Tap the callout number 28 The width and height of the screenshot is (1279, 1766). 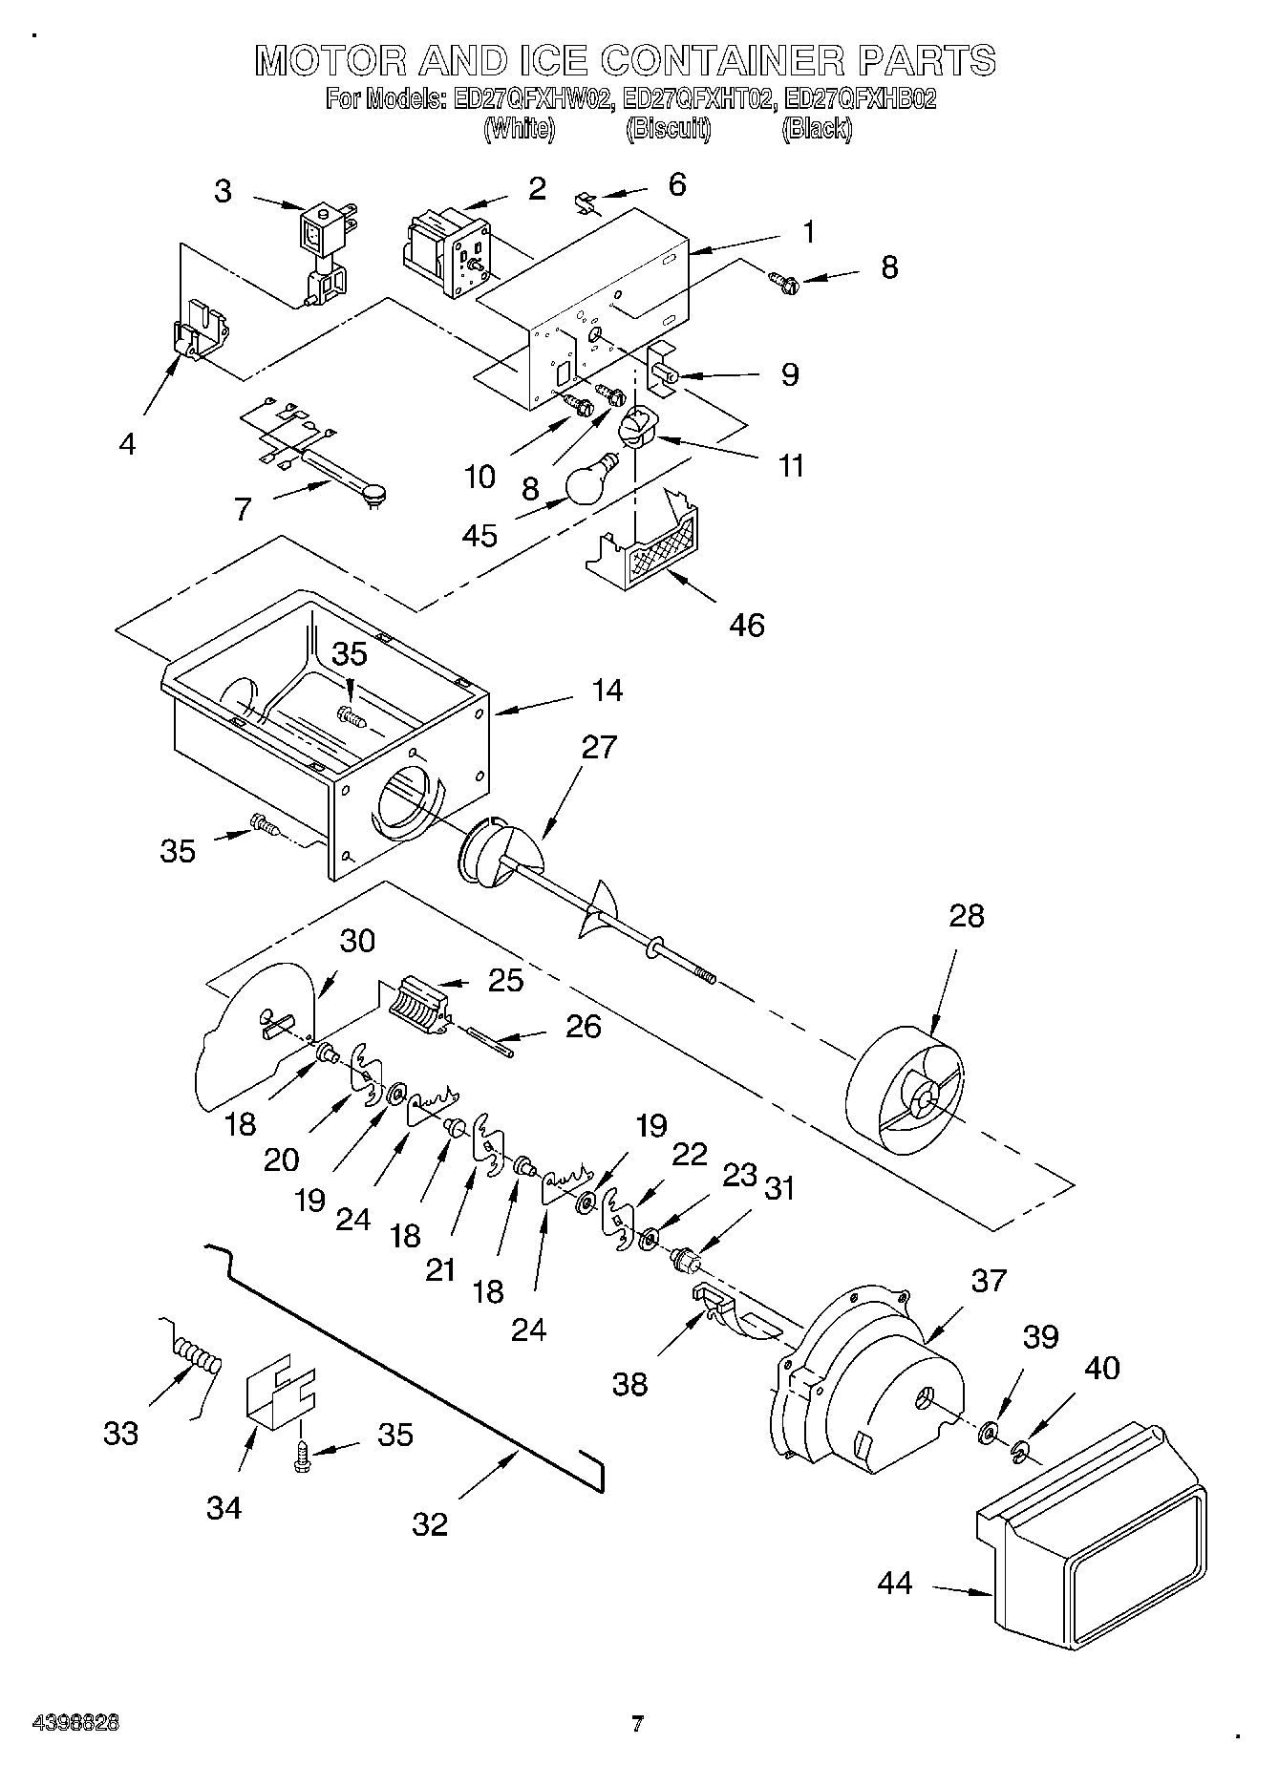[966, 916]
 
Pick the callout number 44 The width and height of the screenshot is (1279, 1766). [895, 1583]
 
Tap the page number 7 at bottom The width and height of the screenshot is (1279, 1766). [637, 1723]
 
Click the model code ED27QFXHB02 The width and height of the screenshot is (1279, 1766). [859, 98]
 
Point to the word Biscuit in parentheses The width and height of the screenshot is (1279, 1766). [668, 129]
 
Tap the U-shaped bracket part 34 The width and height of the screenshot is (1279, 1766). [279, 1394]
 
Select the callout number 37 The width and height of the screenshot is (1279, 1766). [989, 1280]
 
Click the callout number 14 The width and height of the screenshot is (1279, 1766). [607, 690]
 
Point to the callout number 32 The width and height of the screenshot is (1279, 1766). [429, 1523]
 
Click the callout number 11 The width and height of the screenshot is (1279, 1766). [791, 466]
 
